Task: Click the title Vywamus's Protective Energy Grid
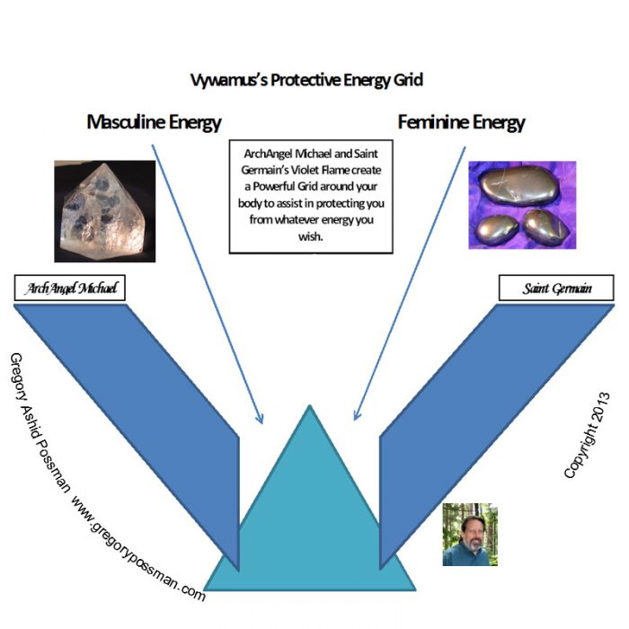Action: (x=306, y=80)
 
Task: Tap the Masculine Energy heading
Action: (x=154, y=122)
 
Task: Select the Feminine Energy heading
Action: (x=461, y=122)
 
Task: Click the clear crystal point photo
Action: (x=105, y=211)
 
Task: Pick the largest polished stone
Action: (x=520, y=186)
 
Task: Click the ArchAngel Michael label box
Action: (x=70, y=288)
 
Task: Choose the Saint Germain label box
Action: (x=556, y=288)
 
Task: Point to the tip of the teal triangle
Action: (x=310, y=405)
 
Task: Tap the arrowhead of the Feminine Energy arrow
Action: (x=356, y=417)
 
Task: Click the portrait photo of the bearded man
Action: (x=470, y=535)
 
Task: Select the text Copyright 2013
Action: (x=587, y=436)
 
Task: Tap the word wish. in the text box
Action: (x=311, y=236)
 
